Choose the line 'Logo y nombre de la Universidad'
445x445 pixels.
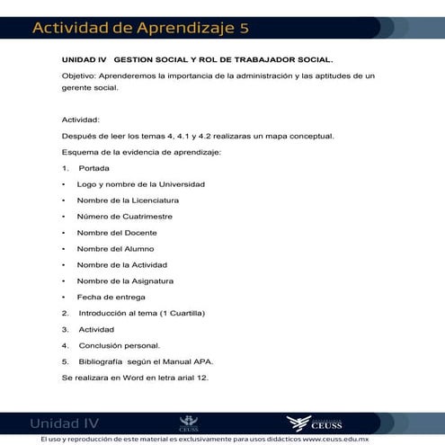141,184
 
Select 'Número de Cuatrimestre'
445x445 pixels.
124,217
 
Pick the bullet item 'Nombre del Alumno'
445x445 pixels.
115,249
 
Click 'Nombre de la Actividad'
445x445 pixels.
121,265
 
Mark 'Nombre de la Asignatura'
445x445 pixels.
125,281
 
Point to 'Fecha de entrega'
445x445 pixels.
111,297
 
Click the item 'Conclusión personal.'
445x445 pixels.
119,345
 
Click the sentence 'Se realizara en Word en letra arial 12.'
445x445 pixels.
135,378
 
